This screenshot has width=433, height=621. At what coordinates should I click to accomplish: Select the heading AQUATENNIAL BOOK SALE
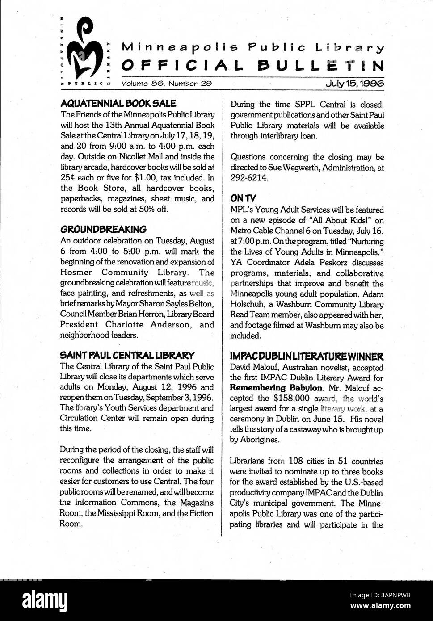118,104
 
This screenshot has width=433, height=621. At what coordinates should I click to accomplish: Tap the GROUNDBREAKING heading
103,230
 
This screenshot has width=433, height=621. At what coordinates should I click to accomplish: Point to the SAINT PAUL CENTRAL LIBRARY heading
127,356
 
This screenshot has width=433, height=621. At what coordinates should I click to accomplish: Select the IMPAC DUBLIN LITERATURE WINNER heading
307,357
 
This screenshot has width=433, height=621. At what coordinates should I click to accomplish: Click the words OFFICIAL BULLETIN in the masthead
253,66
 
